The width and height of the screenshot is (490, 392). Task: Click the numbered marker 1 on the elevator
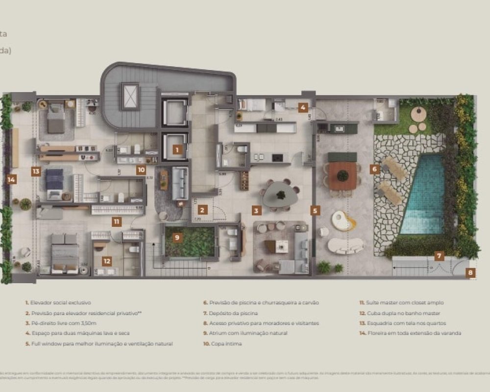[x=177, y=150]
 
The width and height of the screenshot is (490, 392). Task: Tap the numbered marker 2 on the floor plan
[x=202, y=210]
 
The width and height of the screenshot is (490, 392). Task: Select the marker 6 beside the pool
[x=375, y=169]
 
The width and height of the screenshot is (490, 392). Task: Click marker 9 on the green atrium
[x=177, y=238]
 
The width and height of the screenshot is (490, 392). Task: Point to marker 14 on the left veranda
[x=11, y=179]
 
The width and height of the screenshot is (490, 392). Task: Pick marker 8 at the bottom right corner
[x=470, y=273]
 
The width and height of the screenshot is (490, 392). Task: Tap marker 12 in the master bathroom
[x=107, y=261]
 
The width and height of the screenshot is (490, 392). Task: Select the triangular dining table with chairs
[x=281, y=194]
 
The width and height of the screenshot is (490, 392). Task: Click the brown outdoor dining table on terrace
[x=343, y=175]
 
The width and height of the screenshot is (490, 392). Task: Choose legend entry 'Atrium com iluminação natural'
[x=248, y=333]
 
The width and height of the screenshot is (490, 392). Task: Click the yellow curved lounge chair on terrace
[x=343, y=221]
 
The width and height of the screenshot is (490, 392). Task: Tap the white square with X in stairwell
[x=130, y=96]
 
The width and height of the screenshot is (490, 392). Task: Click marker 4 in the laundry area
[x=304, y=107]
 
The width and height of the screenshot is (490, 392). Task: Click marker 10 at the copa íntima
[x=141, y=170]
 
